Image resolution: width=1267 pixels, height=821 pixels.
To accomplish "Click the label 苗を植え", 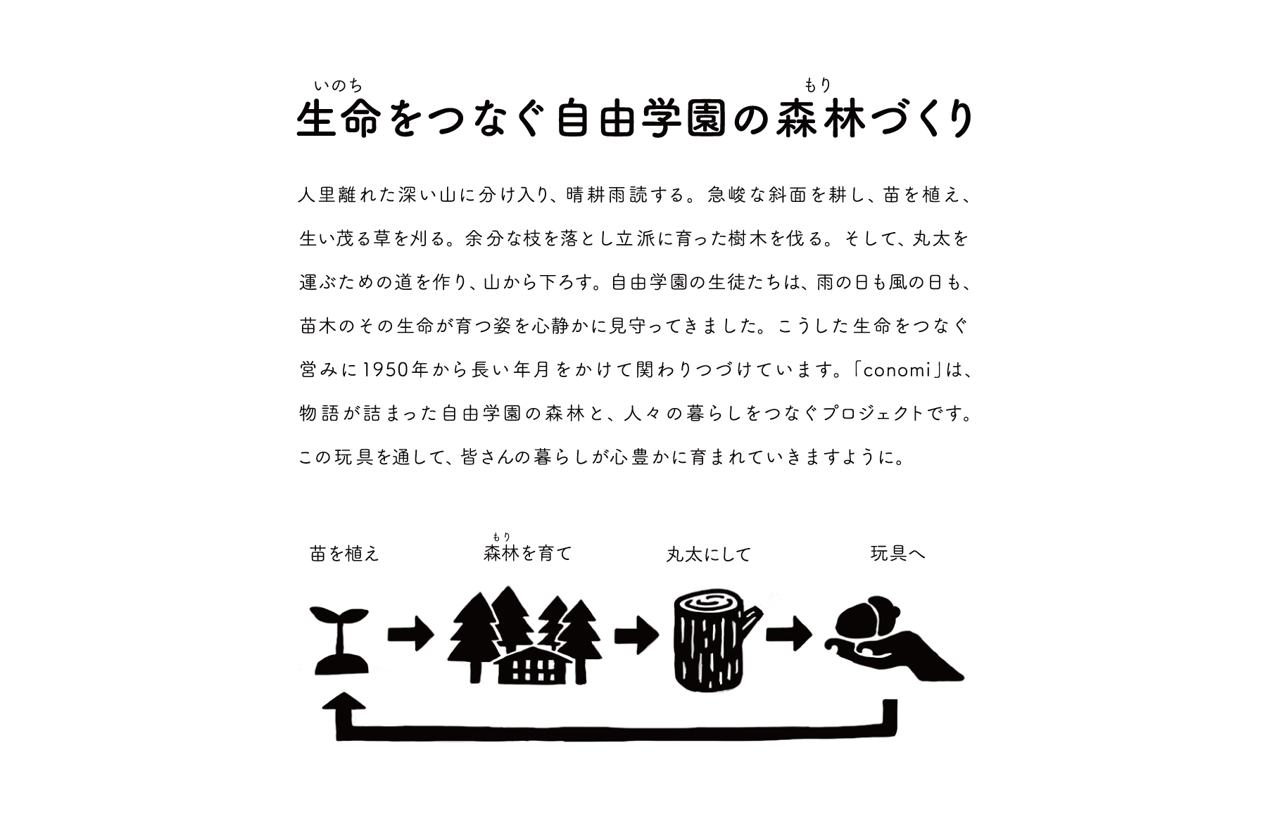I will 344,554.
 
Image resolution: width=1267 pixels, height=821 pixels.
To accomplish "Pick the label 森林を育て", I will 527,554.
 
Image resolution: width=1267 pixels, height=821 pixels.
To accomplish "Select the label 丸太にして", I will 709,554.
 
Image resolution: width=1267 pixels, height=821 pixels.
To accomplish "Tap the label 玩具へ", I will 897,554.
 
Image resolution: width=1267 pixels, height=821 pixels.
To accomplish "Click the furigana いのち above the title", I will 338,87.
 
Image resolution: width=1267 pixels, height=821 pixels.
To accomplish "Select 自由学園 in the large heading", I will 641,120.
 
